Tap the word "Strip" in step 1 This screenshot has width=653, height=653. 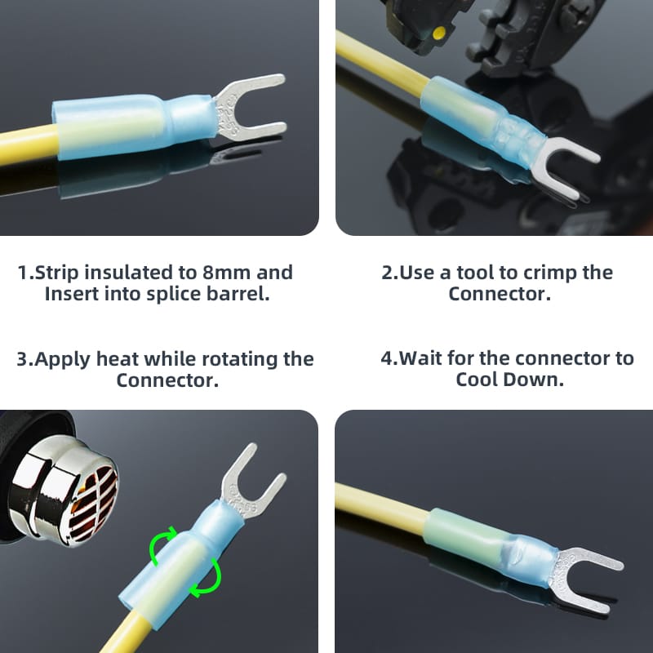point(56,273)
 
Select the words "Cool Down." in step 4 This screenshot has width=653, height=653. point(509,380)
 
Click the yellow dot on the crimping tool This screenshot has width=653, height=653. point(438,32)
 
